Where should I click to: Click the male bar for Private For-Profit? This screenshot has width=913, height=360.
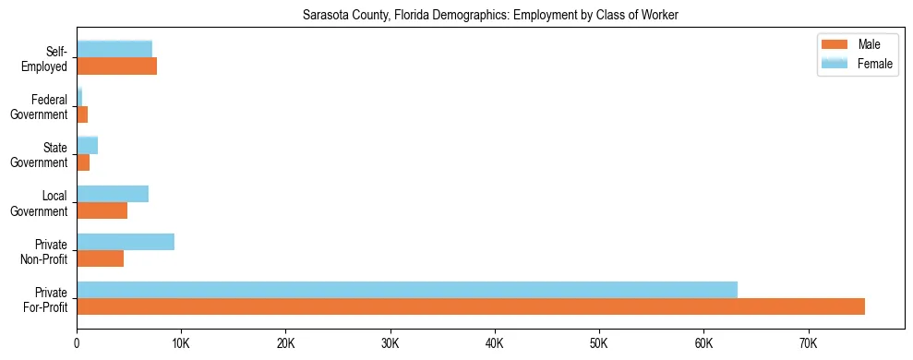pyautogui.click(x=471, y=306)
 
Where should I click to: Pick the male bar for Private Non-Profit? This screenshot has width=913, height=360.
pyautogui.click(x=100, y=258)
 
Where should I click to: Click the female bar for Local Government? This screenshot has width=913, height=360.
pyautogui.click(x=113, y=194)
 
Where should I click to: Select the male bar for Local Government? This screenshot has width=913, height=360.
pyautogui.click(x=102, y=210)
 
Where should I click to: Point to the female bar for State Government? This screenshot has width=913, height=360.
pyautogui.click(x=87, y=145)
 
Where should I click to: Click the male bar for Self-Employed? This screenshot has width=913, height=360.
pyautogui.click(x=116, y=66)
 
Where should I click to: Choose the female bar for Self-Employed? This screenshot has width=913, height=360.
pyautogui.click(x=114, y=49)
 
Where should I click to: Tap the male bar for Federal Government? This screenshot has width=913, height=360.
pyautogui.click(x=82, y=114)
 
